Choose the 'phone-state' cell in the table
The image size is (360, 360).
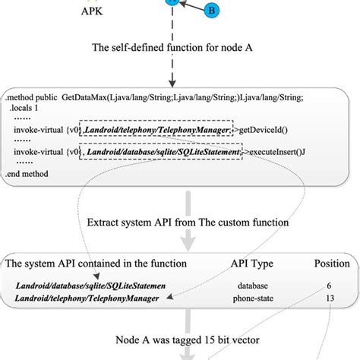pos(251,298)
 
